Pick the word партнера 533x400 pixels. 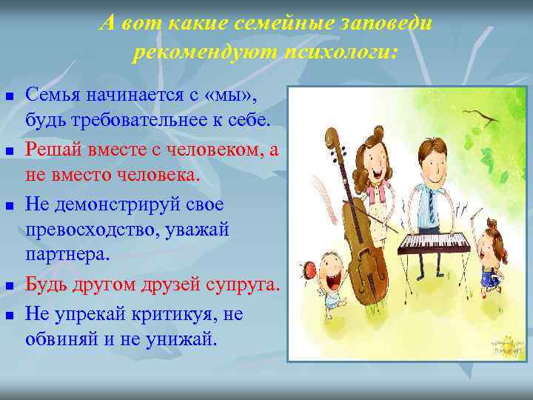[67, 255]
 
